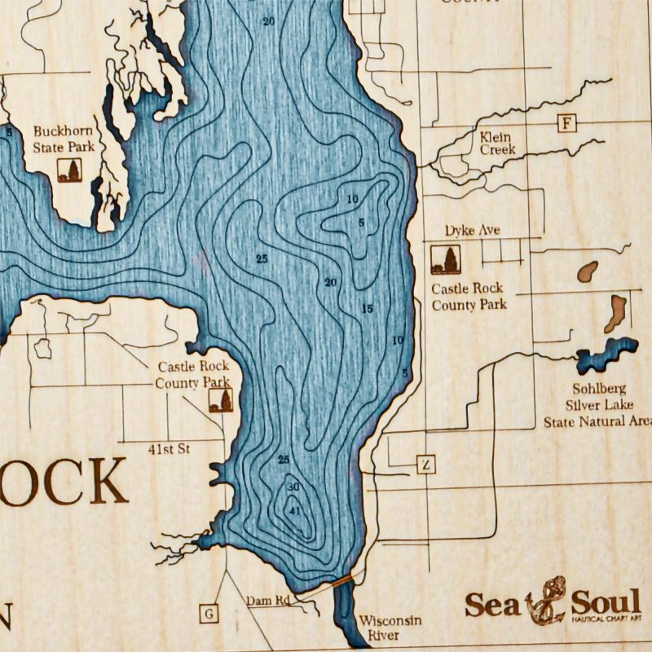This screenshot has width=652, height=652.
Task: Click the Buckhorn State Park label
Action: click(x=63, y=139)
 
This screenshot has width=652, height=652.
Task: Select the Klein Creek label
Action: click(x=496, y=143)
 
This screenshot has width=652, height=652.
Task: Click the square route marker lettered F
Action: click(x=566, y=124)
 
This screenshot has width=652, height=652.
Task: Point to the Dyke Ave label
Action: click(x=472, y=231)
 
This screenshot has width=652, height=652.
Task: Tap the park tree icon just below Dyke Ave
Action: click(x=444, y=260)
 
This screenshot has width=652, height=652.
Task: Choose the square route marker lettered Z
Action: click(x=426, y=465)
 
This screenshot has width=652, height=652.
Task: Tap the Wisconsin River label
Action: click(x=390, y=627)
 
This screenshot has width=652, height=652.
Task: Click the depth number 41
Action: click(x=296, y=511)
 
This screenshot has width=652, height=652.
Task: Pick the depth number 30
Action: click(x=293, y=487)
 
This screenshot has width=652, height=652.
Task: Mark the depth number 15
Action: click(x=367, y=308)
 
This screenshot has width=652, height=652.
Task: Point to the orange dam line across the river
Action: click(x=342, y=580)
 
